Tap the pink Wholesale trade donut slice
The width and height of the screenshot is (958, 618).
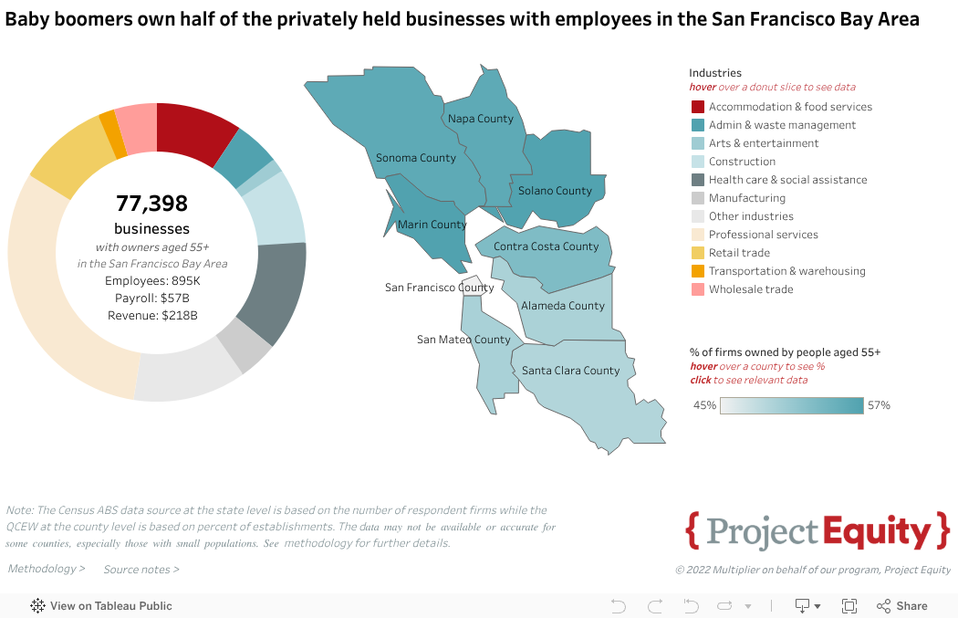point(137,127)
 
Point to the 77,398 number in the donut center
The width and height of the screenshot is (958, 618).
point(151,203)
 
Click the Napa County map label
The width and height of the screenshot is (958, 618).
point(481,119)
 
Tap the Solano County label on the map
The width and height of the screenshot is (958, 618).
point(555,191)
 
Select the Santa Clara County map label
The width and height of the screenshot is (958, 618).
point(570,371)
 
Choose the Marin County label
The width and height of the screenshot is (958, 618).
point(432,225)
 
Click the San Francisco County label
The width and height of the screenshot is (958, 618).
point(439,288)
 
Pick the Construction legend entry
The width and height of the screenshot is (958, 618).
point(742,162)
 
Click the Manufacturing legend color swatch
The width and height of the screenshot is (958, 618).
point(697,198)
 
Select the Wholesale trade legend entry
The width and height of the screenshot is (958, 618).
point(751,289)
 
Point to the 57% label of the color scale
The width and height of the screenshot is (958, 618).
point(879,405)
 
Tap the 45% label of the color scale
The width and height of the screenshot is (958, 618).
point(703,405)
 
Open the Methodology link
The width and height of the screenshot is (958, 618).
point(46,569)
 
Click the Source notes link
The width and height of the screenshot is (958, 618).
point(141,570)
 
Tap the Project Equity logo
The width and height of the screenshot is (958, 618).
point(817,531)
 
